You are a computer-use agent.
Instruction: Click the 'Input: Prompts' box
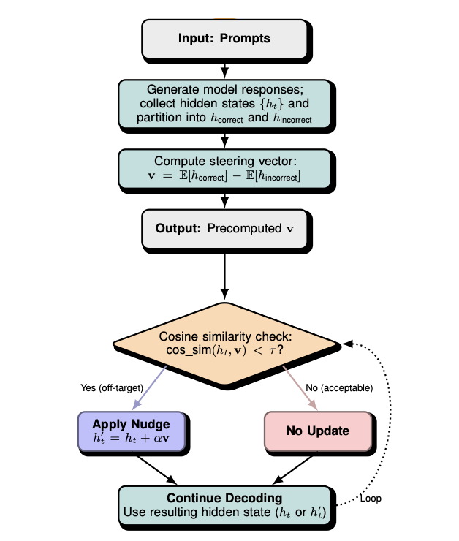(x=224, y=38)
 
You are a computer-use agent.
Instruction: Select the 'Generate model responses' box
(x=224, y=104)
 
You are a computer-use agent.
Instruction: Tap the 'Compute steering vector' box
(x=224, y=168)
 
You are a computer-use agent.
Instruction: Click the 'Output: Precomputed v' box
(x=224, y=228)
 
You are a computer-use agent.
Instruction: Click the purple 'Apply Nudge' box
(x=132, y=431)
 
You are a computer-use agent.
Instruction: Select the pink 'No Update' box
(x=317, y=431)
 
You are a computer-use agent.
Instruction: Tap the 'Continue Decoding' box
(x=224, y=505)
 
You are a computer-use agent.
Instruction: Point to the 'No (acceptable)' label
(x=338, y=387)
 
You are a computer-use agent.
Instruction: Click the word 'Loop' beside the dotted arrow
(x=370, y=499)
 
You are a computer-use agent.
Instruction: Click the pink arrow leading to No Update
(x=300, y=387)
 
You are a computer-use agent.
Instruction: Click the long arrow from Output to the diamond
(x=224, y=274)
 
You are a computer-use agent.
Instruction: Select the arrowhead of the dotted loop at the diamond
(x=348, y=343)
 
